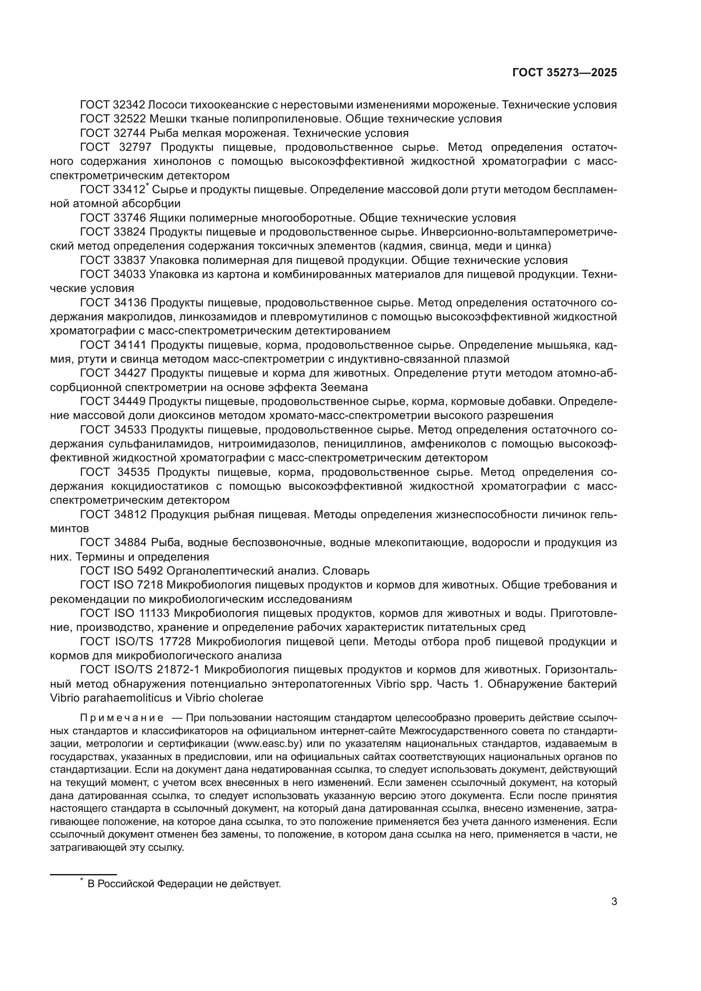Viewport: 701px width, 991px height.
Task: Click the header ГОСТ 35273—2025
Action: tap(565, 72)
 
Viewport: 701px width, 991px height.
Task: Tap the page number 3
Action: tap(614, 901)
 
